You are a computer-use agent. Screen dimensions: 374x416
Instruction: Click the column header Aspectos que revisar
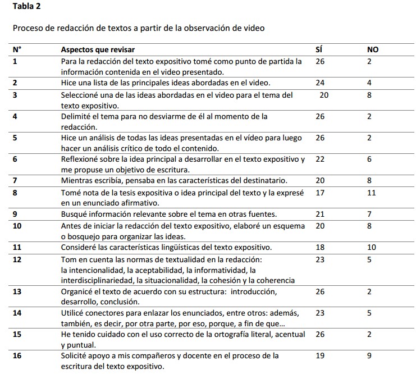click(98, 49)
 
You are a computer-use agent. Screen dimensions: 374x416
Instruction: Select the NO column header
click(373, 49)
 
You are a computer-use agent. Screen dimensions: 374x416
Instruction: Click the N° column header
click(17, 49)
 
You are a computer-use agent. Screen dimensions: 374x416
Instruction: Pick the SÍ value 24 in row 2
click(320, 83)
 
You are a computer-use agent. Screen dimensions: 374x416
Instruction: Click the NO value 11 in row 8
click(370, 193)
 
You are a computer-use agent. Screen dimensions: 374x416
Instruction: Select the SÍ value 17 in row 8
click(320, 193)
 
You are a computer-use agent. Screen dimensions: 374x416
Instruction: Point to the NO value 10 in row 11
click(371, 247)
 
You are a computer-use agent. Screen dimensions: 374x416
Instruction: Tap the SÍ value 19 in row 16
click(320, 355)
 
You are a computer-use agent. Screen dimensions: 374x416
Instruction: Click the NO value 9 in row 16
click(369, 355)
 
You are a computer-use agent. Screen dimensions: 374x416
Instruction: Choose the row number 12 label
click(17, 259)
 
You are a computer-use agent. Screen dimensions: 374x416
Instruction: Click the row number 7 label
click(15, 180)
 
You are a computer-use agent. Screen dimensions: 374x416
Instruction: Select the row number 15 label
click(17, 334)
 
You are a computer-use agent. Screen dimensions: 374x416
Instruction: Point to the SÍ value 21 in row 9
click(320, 214)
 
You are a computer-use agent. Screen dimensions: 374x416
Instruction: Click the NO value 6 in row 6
click(369, 159)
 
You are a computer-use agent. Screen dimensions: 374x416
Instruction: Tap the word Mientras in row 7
click(77, 180)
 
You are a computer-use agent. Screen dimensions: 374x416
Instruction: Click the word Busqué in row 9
click(74, 214)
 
